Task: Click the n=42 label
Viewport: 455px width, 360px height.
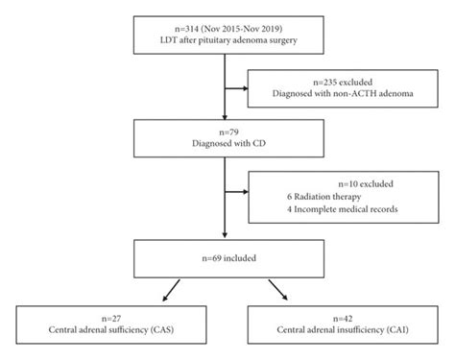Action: click(336, 315)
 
